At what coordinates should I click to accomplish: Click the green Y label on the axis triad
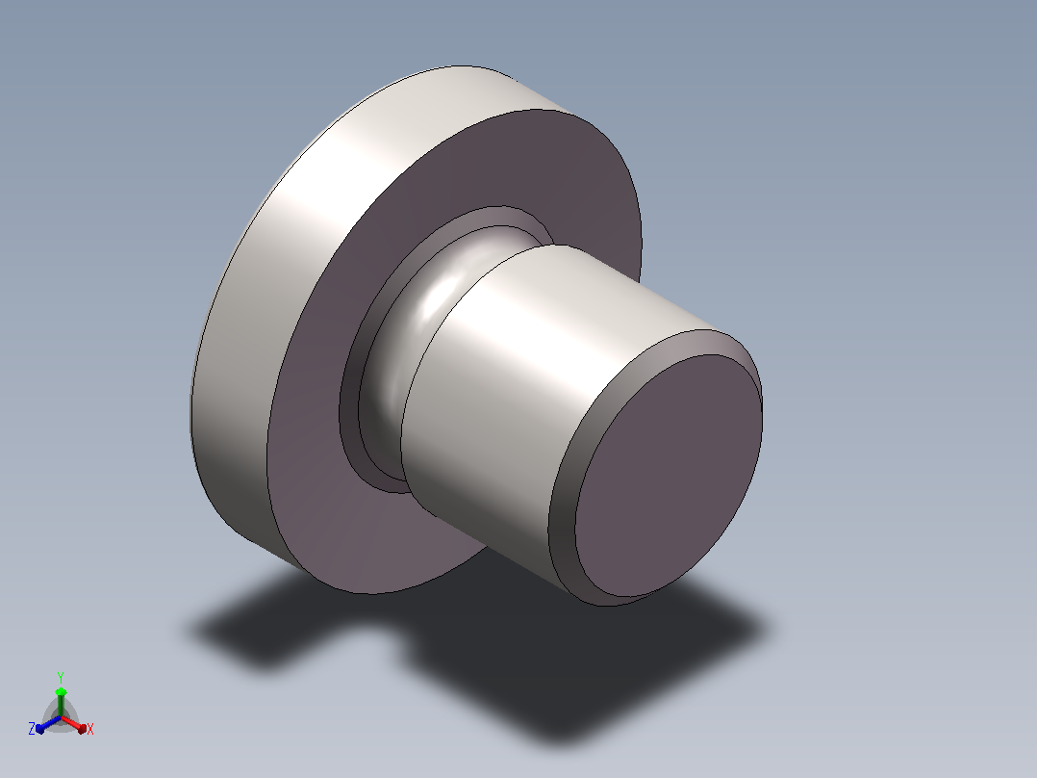pyautogui.click(x=61, y=677)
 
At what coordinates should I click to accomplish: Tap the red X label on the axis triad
pyautogui.click(x=90, y=729)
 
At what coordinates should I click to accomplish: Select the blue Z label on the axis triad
pyautogui.click(x=32, y=728)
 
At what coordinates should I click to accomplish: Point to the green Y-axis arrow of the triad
pyautogui.click(x=61, y=702)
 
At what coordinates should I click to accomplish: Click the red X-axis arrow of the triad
pyautogui.click(x=73, y=724)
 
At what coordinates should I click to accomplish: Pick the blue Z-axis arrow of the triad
pyautogui.click(x=48, y=724)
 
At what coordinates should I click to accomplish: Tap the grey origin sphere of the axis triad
pyautogui.click(x=61, y=717)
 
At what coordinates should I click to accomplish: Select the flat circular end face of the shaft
pyautogui.click(x=668, y=475)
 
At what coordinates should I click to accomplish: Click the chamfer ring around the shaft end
pyautogui.click(x=562, y=504)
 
